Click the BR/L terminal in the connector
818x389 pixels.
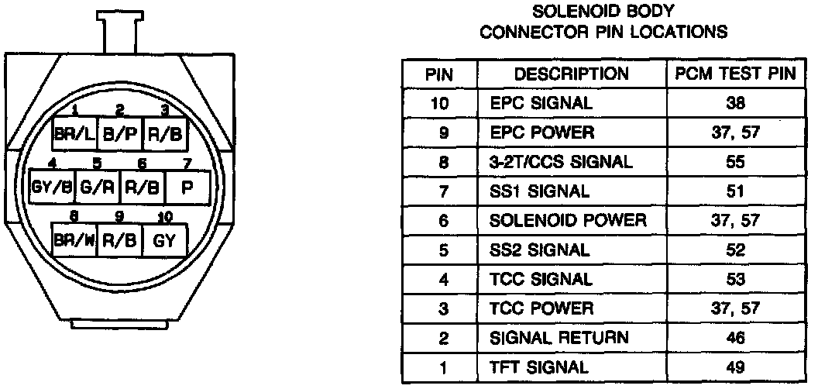pyautogui.click(x=73, y=133)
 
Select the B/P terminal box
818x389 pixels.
pyautogui.click(x=119, y=133)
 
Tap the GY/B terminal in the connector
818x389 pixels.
pyautogui.click(x=51, y=187)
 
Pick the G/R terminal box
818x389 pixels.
pyautogui.click(x=97, y=187)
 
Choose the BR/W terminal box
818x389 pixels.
pyautogui.click(x=74, y=240)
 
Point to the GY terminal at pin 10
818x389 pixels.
pyautogui.click(x=164, y=240)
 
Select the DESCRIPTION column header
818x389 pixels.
pyautogui.click(x=572, y=74)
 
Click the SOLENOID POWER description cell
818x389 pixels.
pyautogui.click(x=568, y=221)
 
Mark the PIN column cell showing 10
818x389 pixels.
pyautogui.click(x=439, y=103)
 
